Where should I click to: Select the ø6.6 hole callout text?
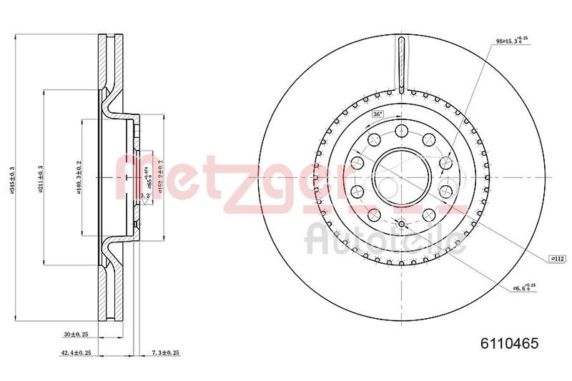pyautogui.click(x=523, y=288)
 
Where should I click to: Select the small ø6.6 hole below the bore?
pyautogui.click(x=401, y=224)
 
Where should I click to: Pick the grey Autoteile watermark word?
pyautogui.click(x=387, y=239)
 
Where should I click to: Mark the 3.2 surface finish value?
pyautogui.click(x=144, y=194)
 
